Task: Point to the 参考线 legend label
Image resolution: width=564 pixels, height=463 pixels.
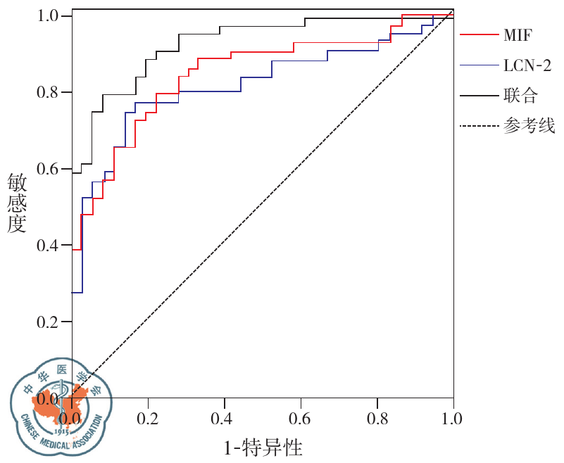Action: click(529, 127)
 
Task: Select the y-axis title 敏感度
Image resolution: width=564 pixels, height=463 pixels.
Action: click(17, 204)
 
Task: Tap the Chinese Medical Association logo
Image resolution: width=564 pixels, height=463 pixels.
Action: click(61, 406)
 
